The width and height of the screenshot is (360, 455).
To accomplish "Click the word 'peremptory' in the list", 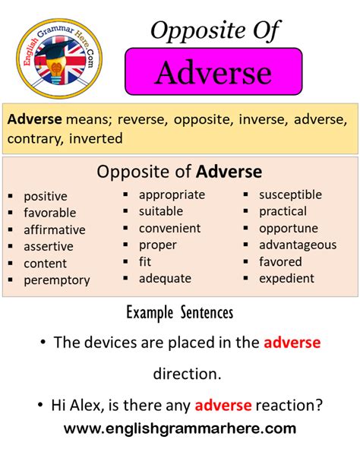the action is (x=57, y=280).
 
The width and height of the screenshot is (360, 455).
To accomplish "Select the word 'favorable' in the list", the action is (x=50, y=213).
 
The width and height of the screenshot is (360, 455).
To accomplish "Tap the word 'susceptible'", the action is (x=290, y=195).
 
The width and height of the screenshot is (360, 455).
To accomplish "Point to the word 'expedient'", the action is (x=286, y=279).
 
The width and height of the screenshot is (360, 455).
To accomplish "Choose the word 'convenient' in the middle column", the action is (x=169, y=229).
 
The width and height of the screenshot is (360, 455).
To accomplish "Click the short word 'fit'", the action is (x=145, y=262).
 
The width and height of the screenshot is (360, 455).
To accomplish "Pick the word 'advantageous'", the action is (x=298, y=245).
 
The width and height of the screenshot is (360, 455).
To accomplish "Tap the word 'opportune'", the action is (x=289, y=229).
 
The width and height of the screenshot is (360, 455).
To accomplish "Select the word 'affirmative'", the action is (x=55, y=229).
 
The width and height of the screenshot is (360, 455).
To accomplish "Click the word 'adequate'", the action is (x=165, y=279).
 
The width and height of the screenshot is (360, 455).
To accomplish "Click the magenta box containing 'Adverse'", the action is (x=213, y=71).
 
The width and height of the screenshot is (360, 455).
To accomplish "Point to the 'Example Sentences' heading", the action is (x=180, y=313).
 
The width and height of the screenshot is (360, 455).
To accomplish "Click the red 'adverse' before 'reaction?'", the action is (x=223, y=405).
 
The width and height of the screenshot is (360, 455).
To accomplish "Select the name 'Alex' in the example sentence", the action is (x=87, y=405).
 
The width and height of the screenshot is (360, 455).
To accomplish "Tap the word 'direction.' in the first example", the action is (x=187, y=374).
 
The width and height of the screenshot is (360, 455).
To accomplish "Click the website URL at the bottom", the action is (x=180, y=428).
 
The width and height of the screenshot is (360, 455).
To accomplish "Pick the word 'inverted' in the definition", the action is (x=96, y=138).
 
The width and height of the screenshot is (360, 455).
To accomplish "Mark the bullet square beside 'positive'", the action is (x=11, y=196).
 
